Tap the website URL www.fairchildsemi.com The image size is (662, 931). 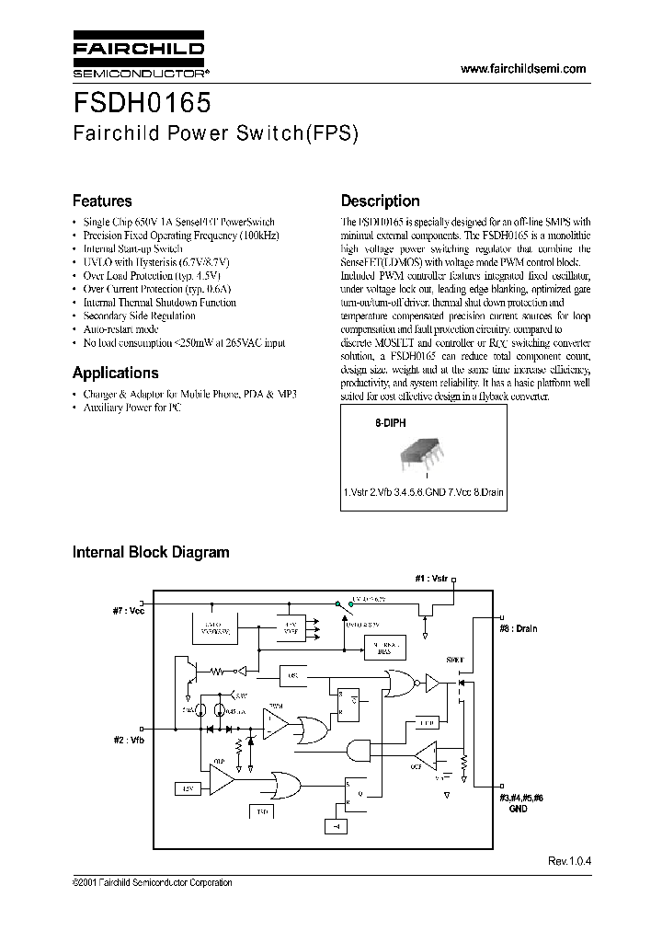coord(522,70)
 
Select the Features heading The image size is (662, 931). coord(102,201)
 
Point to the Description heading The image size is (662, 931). coord(380,201)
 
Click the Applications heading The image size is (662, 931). coord(115,373)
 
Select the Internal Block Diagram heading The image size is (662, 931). coord(151,552)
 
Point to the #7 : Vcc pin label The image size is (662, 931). coord(128,610)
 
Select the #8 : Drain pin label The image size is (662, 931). coord(519,629)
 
